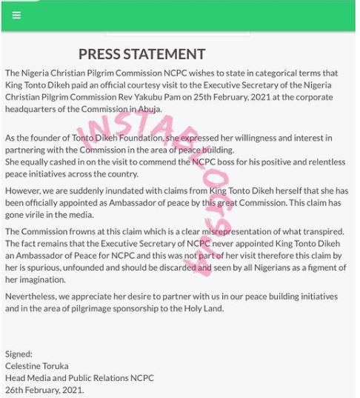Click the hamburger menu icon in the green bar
(16, 15)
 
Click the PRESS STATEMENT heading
(141, 54)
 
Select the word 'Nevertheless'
(34, 296)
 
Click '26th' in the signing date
(15, 389)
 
